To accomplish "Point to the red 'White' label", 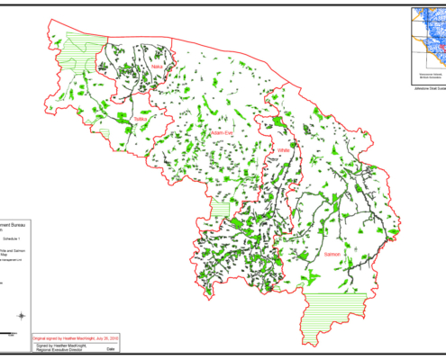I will pyautogui.click(x=284, y=149).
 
